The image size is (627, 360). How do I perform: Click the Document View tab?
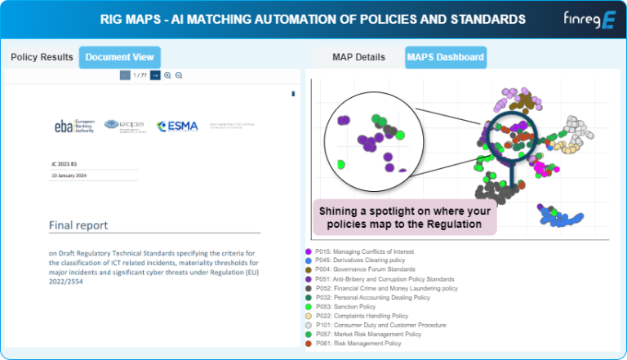click(x=120, y=57)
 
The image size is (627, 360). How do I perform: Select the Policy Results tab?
click(x=42, y=57)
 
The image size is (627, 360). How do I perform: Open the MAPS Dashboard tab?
click(x=446, y=57)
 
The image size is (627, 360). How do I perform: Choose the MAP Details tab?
click(x=358, y=57)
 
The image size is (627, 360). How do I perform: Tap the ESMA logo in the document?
click(x=177, y=126)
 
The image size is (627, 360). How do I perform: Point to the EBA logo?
click(x=73, y=126)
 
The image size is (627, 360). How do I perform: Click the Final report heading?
click(x=78, y=225)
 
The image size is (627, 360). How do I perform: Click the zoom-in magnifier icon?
click(x=167, y=75)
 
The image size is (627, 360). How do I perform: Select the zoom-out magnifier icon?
click(x=179, y=75)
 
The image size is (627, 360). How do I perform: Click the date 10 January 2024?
click(x=69, y=176)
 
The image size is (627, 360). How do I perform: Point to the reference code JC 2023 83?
click(x=65, y=163)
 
